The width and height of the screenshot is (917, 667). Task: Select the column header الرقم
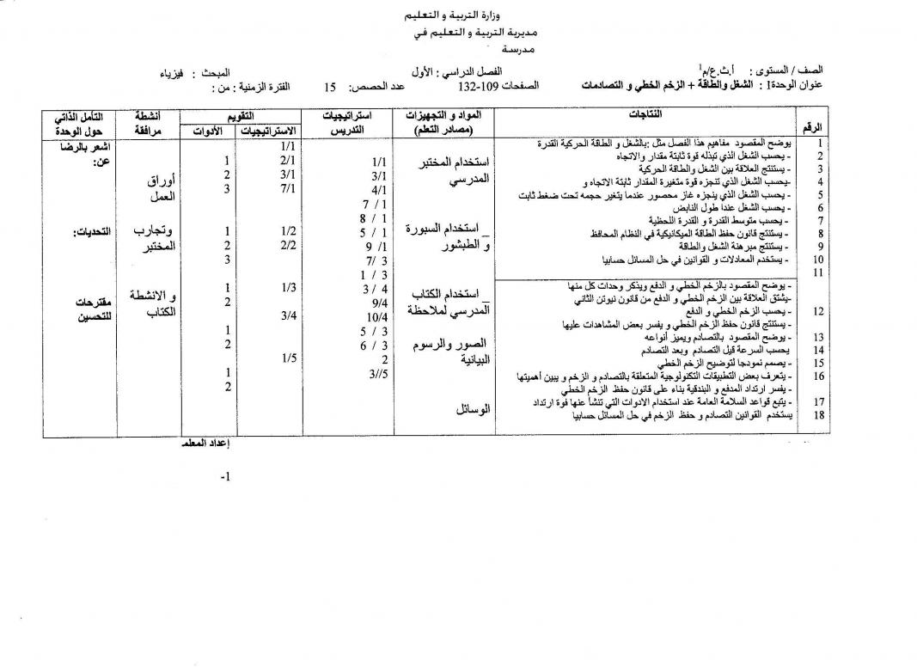point(812,126)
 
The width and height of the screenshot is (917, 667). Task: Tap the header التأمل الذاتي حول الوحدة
point(78,121)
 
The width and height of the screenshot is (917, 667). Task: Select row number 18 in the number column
point(820,413)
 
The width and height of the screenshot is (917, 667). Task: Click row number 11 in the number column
point(820,272)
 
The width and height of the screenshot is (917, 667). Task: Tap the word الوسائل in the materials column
point(474,410)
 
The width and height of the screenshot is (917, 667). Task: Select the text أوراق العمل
point(158,188)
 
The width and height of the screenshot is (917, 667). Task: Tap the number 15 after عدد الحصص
point(329,88)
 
